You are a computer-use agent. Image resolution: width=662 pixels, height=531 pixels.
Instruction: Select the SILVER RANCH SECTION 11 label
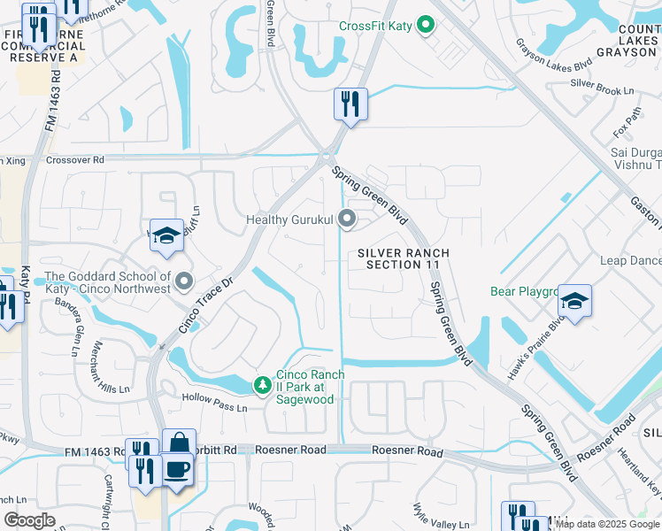404,259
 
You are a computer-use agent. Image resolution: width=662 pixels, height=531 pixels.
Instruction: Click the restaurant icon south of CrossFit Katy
350,104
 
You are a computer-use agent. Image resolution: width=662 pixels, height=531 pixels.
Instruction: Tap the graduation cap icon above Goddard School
166,235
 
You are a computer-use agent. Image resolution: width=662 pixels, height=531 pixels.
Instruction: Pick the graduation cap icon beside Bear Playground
574,301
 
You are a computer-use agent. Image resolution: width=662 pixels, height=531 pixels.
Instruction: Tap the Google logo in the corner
30,520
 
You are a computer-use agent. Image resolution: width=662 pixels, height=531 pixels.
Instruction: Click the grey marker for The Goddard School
184,281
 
